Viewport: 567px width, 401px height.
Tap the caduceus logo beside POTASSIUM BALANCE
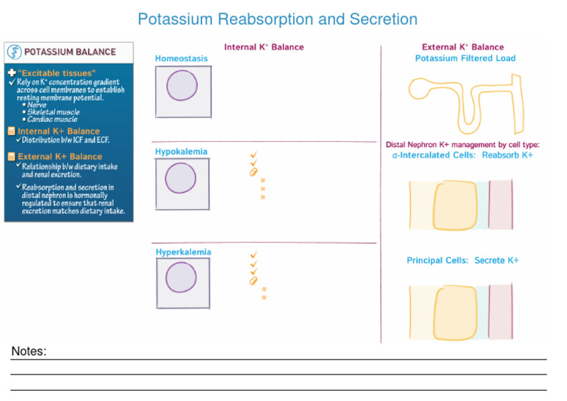tap(15, 52)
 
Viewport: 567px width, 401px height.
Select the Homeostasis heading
tap(181, 58)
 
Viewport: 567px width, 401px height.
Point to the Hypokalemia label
tap(181, 151)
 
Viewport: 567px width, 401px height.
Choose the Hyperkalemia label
tap(183, 252)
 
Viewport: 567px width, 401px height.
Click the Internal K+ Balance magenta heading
tap(264, 47)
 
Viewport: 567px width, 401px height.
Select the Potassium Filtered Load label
tap(465, 58)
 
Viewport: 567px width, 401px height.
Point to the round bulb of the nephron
tap(419, 89)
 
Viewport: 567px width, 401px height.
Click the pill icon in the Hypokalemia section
tap(253, 172)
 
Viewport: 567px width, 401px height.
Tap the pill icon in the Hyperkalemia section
tap(253, 281)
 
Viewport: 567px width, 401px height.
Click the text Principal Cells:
tap(438, 261)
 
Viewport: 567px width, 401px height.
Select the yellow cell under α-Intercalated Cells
tap(455, 205)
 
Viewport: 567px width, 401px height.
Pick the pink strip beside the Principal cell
tap(501, 312)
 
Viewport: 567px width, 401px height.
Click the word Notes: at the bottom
tap(29, 351)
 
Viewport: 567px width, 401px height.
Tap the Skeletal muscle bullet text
tap(53, 112)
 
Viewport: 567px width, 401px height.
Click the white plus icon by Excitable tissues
tap(12, 72)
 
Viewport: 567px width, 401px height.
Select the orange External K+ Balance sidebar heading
tap(60, 157)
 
